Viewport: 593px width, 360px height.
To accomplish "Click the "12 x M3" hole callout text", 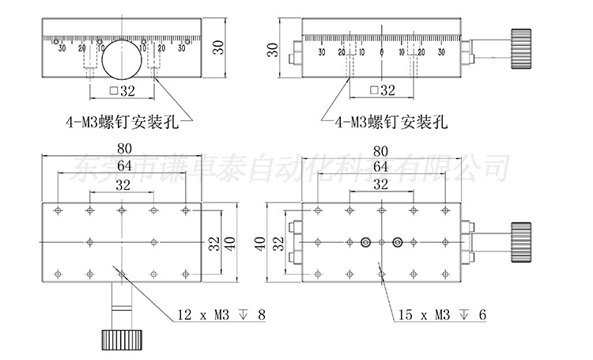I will click(x=202, y=316).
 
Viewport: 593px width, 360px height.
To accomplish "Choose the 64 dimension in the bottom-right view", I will click(x=380, y=167).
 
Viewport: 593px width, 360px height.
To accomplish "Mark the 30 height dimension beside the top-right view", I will click(x=273, y=51).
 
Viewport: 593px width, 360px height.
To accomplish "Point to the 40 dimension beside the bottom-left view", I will click(x=230, y=243).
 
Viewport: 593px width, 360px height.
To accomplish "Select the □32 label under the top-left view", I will click(x=122, y=91).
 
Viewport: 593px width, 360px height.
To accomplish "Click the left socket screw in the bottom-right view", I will click(x=365, y=242).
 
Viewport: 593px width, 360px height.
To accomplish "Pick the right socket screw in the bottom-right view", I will click(x=397, y=242).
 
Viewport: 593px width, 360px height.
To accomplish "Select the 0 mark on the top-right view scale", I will click(x=381, y=53).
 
